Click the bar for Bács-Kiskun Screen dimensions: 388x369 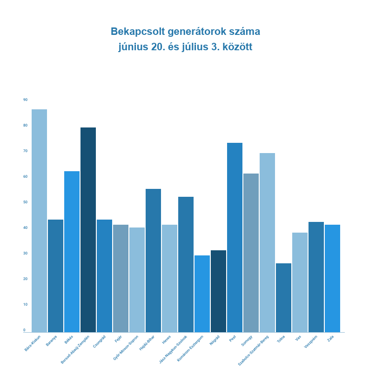39,221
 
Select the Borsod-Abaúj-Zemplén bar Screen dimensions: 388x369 88,230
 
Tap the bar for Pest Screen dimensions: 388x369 235,237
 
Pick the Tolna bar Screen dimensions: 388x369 283,298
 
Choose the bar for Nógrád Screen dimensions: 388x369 218,291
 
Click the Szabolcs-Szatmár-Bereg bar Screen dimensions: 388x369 267,242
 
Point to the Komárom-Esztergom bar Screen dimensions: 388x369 202,294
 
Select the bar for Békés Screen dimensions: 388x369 72,252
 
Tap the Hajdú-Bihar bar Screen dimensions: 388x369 153,261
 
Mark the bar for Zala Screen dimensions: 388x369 332,278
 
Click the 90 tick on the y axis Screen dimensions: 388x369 25,100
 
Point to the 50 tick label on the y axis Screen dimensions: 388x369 25,202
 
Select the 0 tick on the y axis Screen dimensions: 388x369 25,330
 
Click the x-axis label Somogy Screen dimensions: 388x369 247,340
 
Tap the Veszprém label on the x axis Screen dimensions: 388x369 311,341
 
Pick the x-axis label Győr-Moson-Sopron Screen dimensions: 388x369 126,348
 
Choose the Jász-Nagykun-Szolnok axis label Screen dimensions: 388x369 173,349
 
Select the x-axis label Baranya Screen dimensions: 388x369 51,341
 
